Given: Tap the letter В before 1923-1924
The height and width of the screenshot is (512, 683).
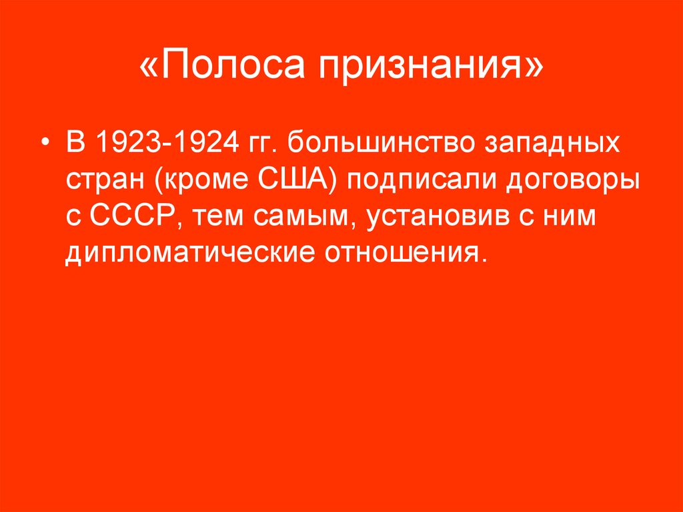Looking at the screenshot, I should [73, 144].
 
